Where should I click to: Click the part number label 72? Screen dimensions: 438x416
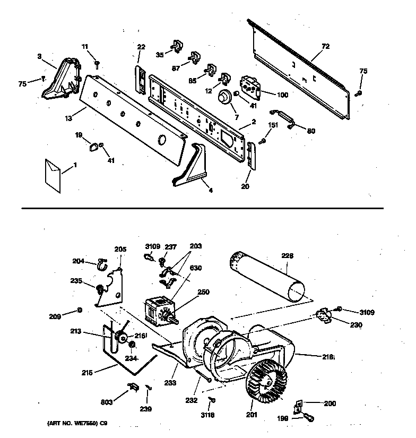(x=325, y=47)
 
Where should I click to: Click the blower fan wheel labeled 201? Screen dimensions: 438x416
(x=267, y=381)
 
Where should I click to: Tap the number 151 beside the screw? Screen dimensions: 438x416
(x=272, y=126)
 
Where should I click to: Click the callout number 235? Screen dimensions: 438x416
(x=76, y=281)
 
